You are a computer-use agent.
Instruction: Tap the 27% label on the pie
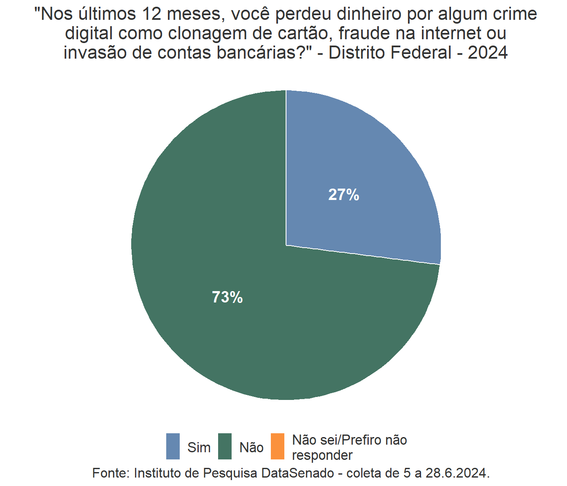[x=344, y=195]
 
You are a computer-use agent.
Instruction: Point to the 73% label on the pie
[x=227, y=297]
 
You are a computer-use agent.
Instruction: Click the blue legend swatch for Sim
[x=173, y=446]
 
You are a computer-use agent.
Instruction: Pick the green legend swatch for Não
[x=225, y=446]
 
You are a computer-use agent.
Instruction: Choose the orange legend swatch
[x=277, y=446]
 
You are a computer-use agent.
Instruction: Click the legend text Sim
[x=199, y=447]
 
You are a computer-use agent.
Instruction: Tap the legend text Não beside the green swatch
[x=251, y=447]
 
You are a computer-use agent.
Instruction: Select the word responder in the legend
[x=322, y=456]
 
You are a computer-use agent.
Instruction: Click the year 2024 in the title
[x=488, y=53]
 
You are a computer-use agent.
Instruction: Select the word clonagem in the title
[x=209, y=34]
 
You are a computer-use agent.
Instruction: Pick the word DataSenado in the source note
[x=297, y=473]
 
